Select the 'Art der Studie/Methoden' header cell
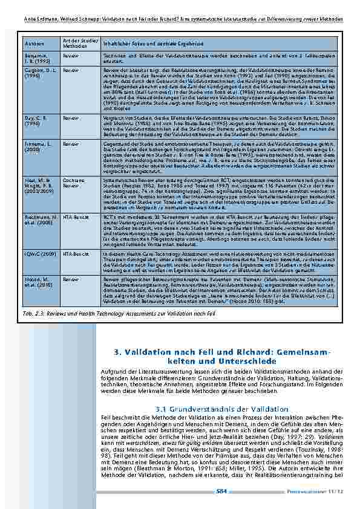[72, 44]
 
